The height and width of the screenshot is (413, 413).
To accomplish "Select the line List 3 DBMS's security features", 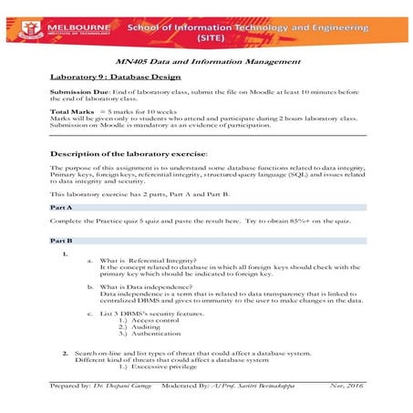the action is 157,315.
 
